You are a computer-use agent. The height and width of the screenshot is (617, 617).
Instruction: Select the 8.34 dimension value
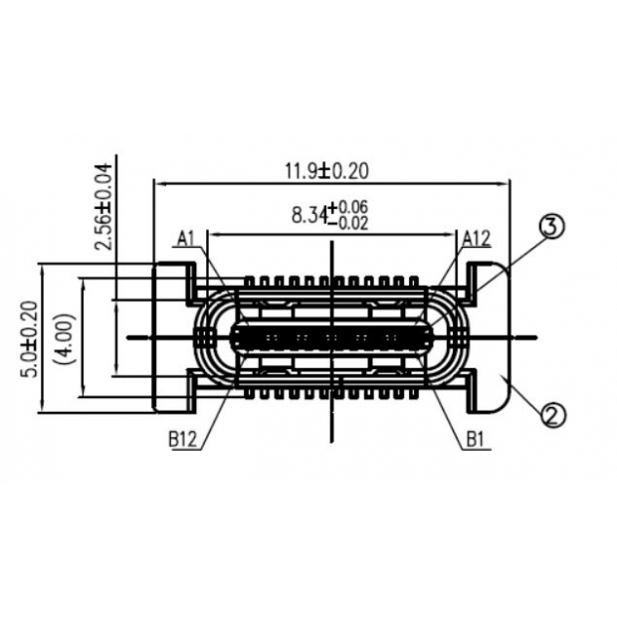308,214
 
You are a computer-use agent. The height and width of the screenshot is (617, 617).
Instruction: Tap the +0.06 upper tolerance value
353,206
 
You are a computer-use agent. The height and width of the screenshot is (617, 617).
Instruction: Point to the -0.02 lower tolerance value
353,223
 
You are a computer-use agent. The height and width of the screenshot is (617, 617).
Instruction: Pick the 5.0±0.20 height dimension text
29,339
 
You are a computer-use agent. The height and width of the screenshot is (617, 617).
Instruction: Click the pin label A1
186,237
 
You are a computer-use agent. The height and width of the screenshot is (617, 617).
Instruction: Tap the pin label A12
477,237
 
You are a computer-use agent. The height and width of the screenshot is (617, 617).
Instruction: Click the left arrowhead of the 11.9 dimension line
156,182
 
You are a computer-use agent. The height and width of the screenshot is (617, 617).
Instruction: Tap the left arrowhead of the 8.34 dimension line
210,235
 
